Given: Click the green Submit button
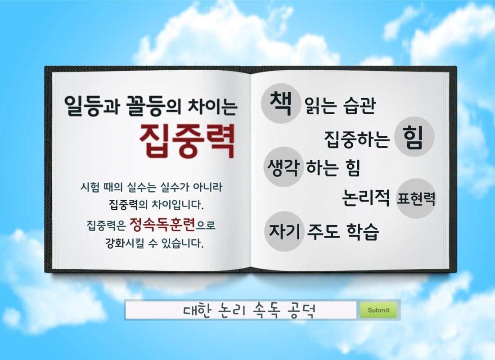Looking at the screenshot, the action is tap(378, 310).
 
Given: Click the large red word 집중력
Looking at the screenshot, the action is tap(187, 141).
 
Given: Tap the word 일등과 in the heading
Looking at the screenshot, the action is tap(91, 105).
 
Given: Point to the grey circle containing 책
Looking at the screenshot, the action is tap(281, 103).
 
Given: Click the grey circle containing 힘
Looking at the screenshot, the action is tap(414, 137).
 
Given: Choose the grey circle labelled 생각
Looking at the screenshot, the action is tap(283, 167).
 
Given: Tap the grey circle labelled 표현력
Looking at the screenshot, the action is tap(416, 198).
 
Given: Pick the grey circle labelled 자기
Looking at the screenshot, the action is tap(284, 231).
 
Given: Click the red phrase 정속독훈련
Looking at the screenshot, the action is tap(162, 224).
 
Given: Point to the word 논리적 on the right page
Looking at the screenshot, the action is tap(366, 198).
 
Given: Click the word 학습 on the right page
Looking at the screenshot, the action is tap(363, 231).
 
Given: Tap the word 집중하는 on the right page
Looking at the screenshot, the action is tap(357, 139).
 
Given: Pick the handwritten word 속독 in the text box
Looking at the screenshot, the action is tap(266, 310).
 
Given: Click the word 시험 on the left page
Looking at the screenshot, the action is tap(90, 187).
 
